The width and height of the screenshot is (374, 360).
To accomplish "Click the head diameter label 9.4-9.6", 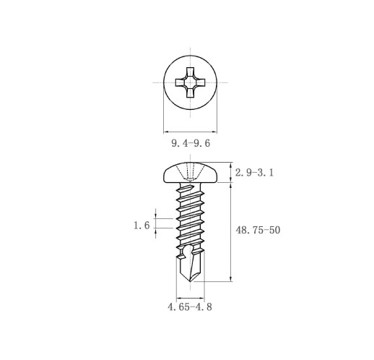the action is pos(191,143).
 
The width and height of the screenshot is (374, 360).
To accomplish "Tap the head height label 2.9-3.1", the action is pos(254,173).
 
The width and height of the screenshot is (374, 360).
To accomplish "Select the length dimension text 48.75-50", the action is pos(258,230).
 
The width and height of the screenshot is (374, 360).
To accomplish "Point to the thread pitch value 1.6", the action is pos(142,226).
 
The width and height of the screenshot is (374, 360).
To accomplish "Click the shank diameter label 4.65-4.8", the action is pos(190,307).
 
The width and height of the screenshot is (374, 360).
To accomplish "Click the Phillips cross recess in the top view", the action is pos(190,82).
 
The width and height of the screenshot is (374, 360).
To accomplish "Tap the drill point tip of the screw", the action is pos(190,281).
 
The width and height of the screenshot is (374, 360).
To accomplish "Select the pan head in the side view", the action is pos(191,172).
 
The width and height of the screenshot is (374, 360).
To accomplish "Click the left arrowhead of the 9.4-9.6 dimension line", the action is pos(166,132).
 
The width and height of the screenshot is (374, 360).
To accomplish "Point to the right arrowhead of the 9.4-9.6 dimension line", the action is pos(214,132).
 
